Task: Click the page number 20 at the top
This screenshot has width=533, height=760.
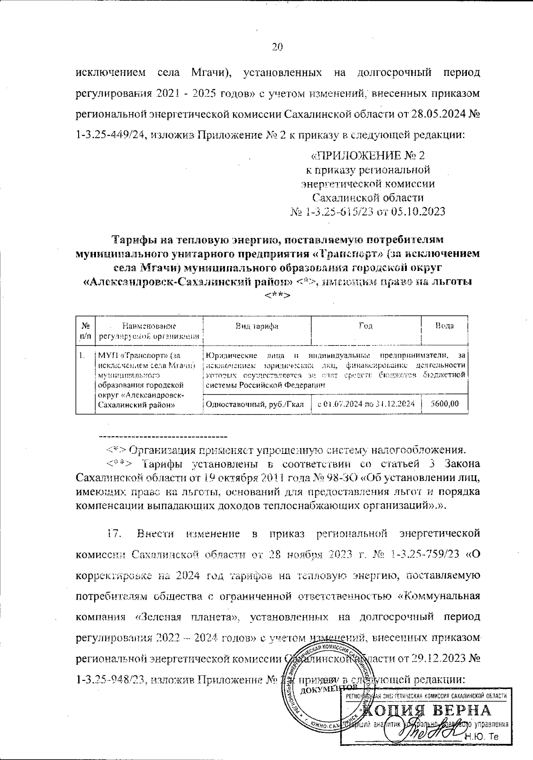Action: [x=277, y=48]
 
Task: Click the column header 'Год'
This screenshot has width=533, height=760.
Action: [x=366, y=326]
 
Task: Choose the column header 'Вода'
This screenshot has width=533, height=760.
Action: [x=444, y=326]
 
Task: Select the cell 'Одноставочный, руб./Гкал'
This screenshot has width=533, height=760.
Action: [x=256, y=404]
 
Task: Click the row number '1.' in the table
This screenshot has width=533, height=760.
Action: [x=82, y=355]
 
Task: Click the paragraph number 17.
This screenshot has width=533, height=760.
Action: [x=115, y=533]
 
